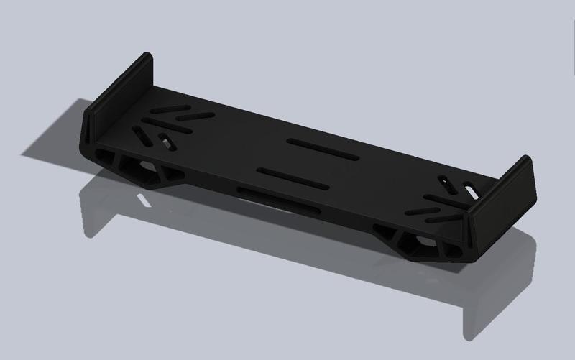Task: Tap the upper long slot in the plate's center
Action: point(322,149)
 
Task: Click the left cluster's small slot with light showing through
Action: point(166,140)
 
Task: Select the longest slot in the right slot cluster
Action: point(438,204)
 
